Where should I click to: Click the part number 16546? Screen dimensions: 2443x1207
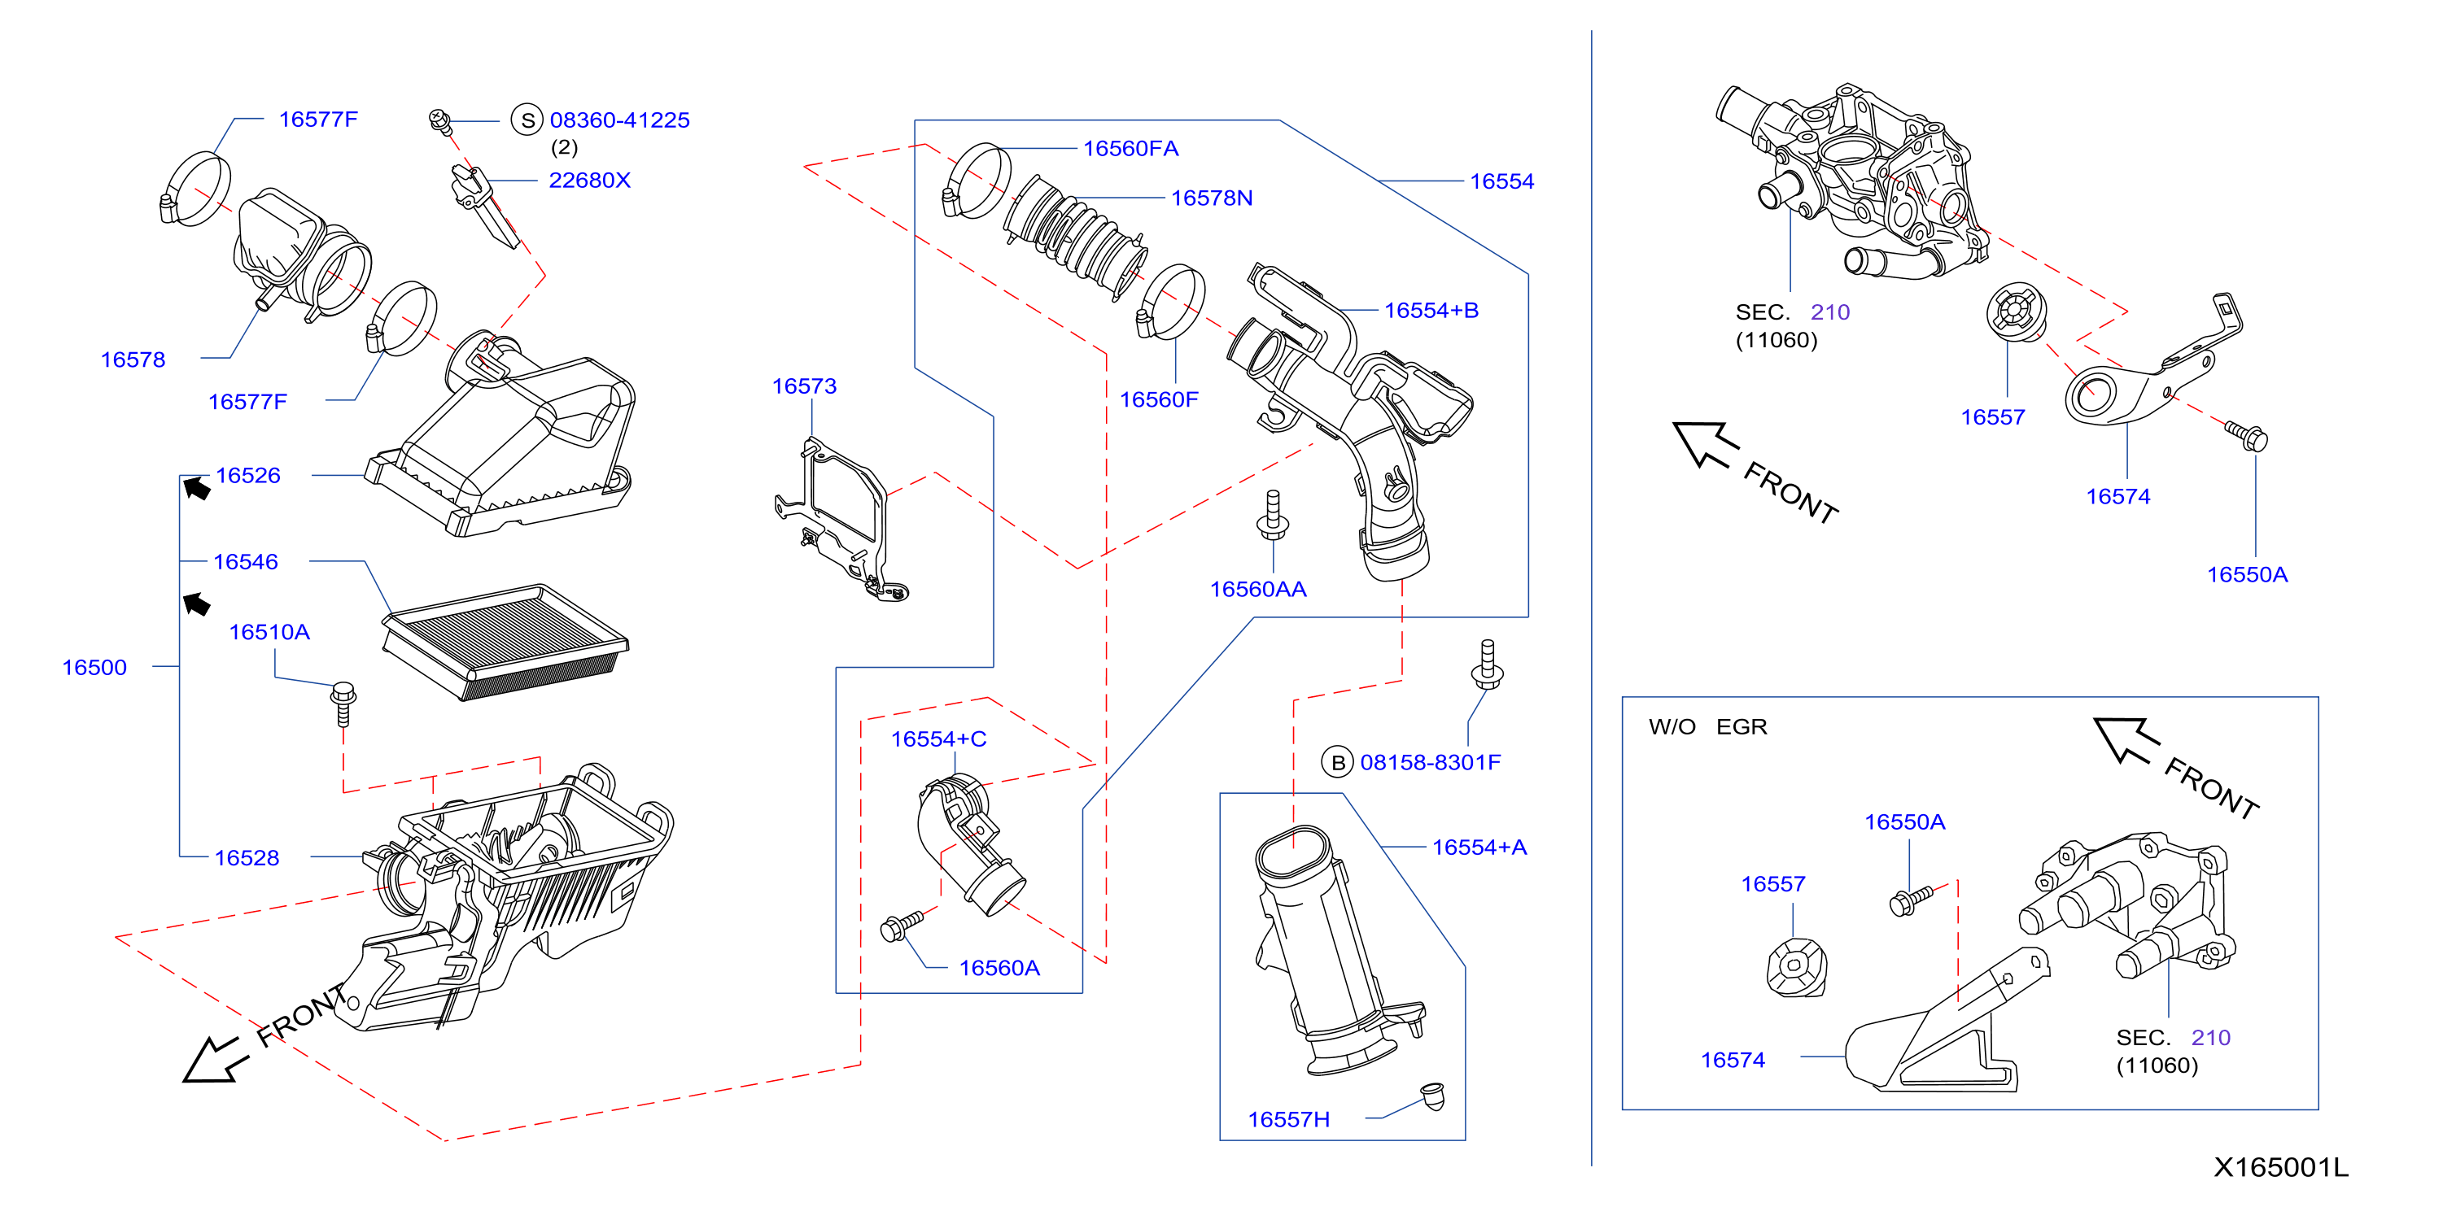(246, 562)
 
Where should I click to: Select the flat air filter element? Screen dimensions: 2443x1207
(505, 642)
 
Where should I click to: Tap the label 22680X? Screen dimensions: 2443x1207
(589, 180)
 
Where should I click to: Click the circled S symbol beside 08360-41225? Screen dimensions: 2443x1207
(527, 120)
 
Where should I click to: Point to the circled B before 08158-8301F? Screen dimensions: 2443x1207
(1337, 762)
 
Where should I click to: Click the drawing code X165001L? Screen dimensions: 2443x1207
(2281, 1167)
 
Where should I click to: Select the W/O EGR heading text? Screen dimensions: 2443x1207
(1708, 727)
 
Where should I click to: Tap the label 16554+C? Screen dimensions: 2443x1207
(938, 739)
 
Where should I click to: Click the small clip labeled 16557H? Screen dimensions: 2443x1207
(1433, 1096)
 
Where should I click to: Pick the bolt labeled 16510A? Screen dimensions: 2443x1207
(343, 703)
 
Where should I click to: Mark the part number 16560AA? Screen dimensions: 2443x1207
(1257, 590)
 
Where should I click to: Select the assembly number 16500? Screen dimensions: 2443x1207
(94, 668)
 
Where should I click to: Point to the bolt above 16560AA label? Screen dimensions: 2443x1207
(1273, 515)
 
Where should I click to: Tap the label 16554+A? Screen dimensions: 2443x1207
(1479, 848)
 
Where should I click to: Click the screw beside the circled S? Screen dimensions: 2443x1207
(440, 121)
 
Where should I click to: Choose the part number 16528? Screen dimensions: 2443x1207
(247, 858)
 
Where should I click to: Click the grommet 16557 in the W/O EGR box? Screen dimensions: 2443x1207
(1795, 967)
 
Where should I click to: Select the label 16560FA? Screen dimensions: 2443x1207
(1130, 149)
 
